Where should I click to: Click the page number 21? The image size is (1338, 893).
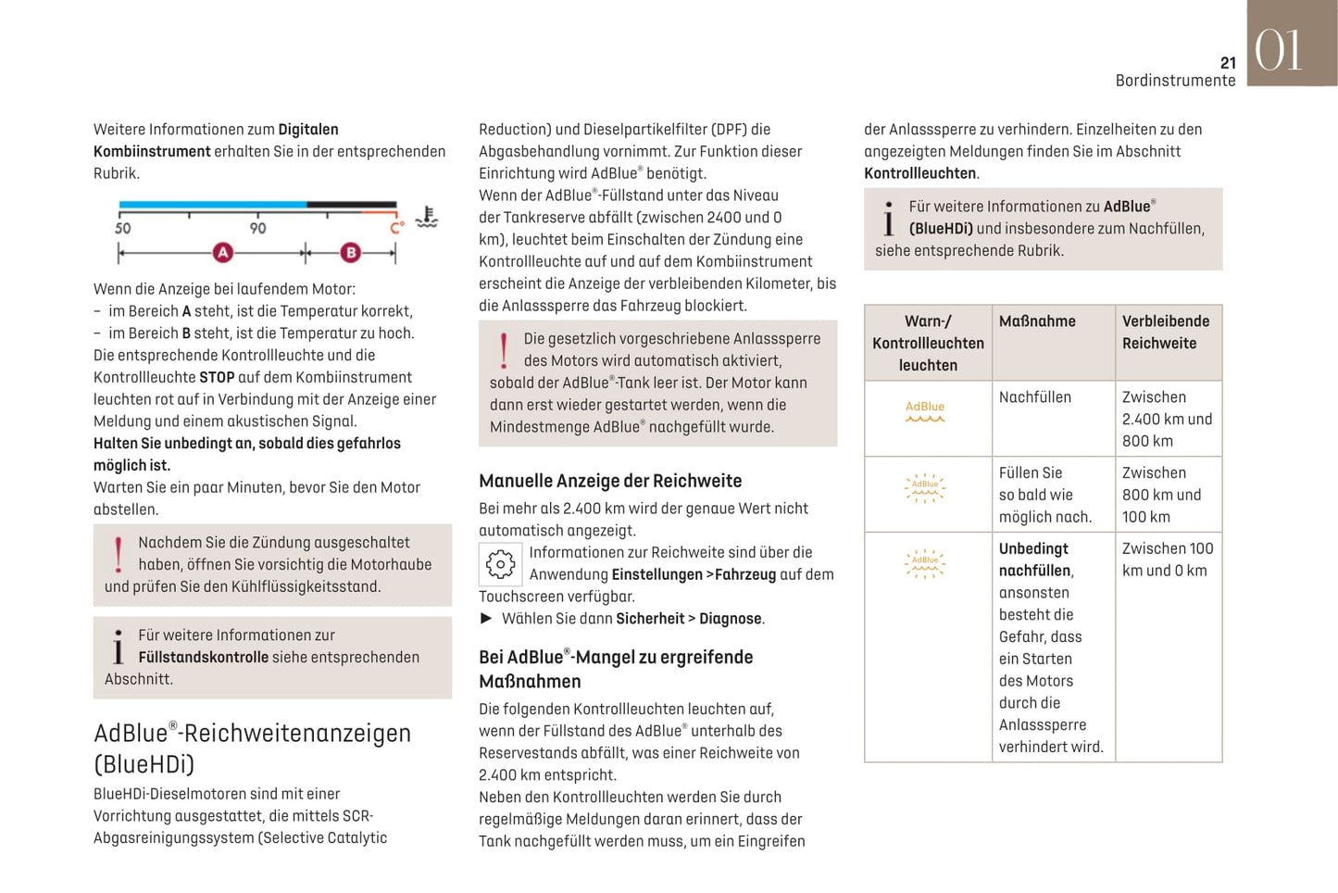point(1228,63)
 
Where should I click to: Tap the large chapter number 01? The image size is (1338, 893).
point(1279,50)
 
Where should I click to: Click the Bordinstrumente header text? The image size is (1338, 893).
point(1175,81)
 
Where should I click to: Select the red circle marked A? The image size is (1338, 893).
point(222,252)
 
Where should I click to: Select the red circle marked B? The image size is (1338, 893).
point(350,252)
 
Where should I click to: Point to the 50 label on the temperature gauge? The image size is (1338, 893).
point(122,228)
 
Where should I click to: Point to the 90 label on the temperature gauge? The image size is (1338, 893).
point(257,228)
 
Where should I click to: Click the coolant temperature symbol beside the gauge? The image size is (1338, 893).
point(426,218)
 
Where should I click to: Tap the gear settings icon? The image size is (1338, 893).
point(500,563)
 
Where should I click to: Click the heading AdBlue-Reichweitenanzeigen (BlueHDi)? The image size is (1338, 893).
point(252,748)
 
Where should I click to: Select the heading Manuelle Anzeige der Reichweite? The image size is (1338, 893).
point(610,481)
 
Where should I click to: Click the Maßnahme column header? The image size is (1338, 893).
point(1037,321)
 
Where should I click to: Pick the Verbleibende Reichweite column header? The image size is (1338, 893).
point(1166,332)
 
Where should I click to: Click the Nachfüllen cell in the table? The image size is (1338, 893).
point(1034,397)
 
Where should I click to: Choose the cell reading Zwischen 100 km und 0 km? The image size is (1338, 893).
point(1167,560)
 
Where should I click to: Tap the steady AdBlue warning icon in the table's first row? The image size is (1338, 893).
point(925,411)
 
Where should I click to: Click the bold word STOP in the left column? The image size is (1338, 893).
point(217,377)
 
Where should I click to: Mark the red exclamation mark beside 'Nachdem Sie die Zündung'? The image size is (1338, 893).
point(119,554)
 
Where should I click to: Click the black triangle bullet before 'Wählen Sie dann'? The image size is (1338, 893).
point(486,619)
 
